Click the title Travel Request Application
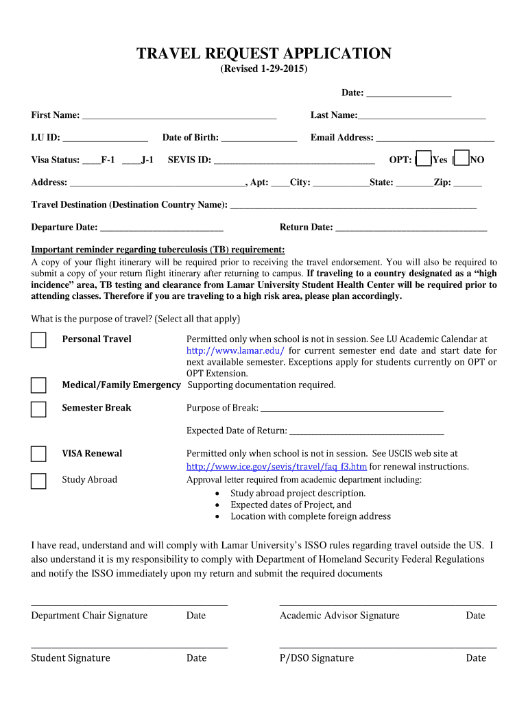(x=264, y=53)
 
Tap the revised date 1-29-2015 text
(x=264, y=71)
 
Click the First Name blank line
(x=179, y=115)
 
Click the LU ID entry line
(x=104, y=138)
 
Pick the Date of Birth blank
(x=259, y=138)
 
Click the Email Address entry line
(x=435, y=138)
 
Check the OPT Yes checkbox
(x=424, y=159)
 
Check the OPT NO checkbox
(x=462, y=159)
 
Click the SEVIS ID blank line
(x=293, y=160)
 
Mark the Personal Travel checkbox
(x=38, y=340)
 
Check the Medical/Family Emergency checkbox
(x=38, y=385)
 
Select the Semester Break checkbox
(x=38, y=409)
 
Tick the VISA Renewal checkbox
(x=38, y=454)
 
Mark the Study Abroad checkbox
(x=38, y=481)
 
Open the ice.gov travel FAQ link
(x=276, y=467)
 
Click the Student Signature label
(x=71, y=658)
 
